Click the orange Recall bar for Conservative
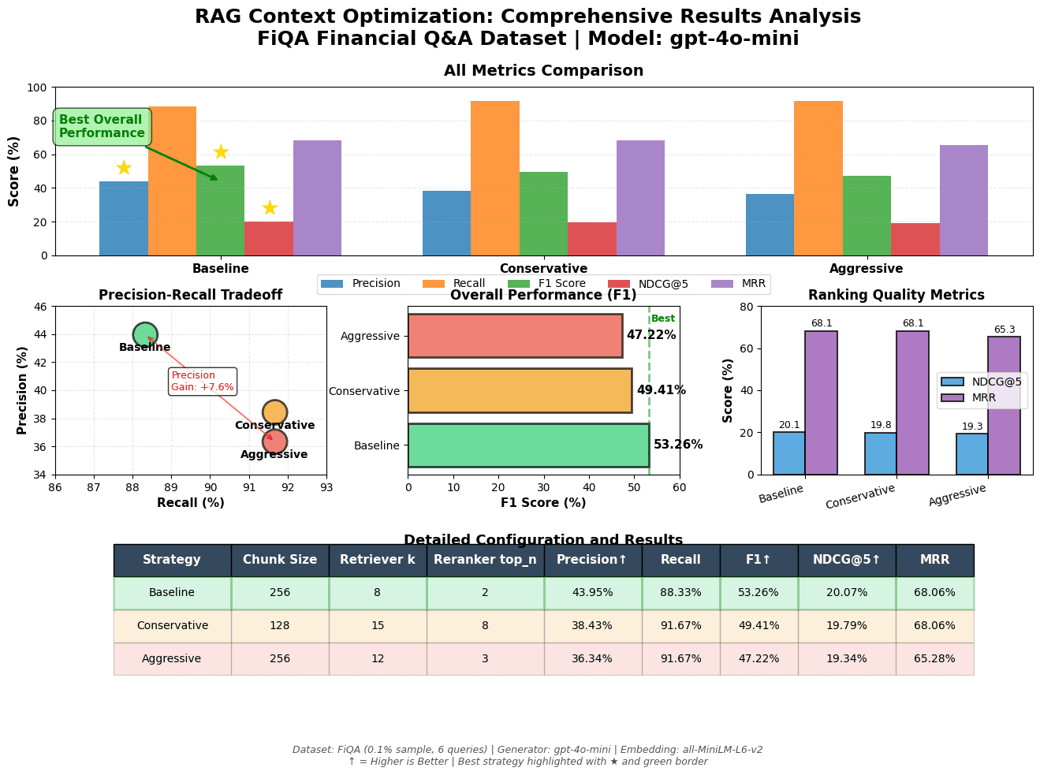pyautogui.click(x=494, y=178)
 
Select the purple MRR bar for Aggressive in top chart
pyautogui.click(x=964, y=200)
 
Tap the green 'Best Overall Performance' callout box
pyautogui.click(x=102, y=127)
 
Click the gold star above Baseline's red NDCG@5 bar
pyautogui.click(x=270, y=208)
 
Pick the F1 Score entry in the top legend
pyautogui.click(x=533, y=285)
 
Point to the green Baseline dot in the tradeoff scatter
pyautogui.click(x=145, y=334)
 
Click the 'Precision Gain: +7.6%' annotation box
pyautogui.click(x=203, y=382)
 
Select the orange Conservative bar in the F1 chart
pyautogui.click(x=520, y=390)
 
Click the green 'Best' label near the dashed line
pyautogui.click(x=663, y=319)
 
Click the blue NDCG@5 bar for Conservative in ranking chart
pyautogui.click(x=881, y=453)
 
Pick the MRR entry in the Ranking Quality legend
pyautogui.click(x=982, y=398)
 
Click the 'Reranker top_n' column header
pyautogui.click(x=485, y=561)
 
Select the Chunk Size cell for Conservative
pyautogui.click(x=280, y=626)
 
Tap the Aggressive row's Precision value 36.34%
pyautogui.click(x=592, y=659)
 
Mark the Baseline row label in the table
pyautogui.click(x=172, y=593)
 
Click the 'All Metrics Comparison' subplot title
pyautogui.click(x=543, y=71)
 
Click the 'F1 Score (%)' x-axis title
pyautogui.click(x=543, y=503)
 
